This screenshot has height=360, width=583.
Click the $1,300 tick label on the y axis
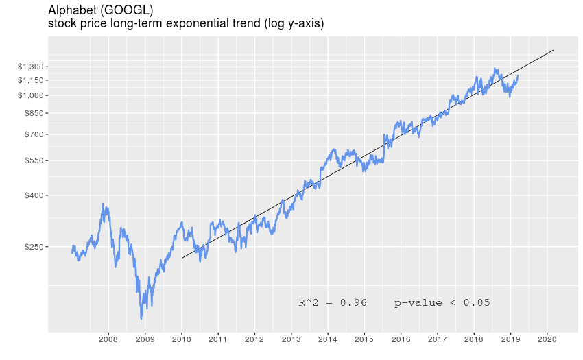pyautogui.click(x=31, y=67)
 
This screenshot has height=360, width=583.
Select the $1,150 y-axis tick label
pyautogui.click(x=31, y=80)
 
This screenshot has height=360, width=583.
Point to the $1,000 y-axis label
pyautogui.click(x=31, y=95)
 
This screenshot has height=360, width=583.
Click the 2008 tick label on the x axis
pyautogui.click(x=108, y=339)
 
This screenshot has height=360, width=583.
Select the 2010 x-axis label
pyautogui.click(x=181, y=339)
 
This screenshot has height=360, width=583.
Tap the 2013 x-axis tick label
pyautogui.click(x=291, y=339)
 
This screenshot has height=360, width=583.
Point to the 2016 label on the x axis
pyautogui.click(x=401, y=339)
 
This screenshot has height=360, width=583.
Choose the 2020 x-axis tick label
pyautogui.click(x=547, y=339)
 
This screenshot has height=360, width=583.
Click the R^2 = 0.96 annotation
pyautogui.click(x=333, y=302)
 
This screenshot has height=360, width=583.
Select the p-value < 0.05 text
pyautogui.click(x=442, y=302)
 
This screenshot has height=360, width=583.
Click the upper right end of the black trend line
pyautogui.click(x=554, y=50)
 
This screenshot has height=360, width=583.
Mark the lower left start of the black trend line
pyautogui.click(x=182, y=259)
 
